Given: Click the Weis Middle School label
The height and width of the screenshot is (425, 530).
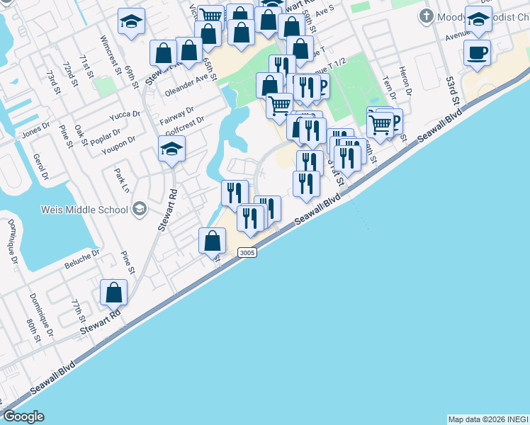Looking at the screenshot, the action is tap(89, 210).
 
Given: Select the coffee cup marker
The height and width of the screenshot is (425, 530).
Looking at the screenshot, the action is tap(477, 52).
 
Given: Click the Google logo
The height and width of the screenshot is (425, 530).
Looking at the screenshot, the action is tap(23, 416).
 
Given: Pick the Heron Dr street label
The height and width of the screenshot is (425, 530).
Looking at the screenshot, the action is tap(406, 83).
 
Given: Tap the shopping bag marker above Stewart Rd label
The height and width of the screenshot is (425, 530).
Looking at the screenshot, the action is tap(113, 293).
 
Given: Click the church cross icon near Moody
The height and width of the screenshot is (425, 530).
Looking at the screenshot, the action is tap(427, 16).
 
